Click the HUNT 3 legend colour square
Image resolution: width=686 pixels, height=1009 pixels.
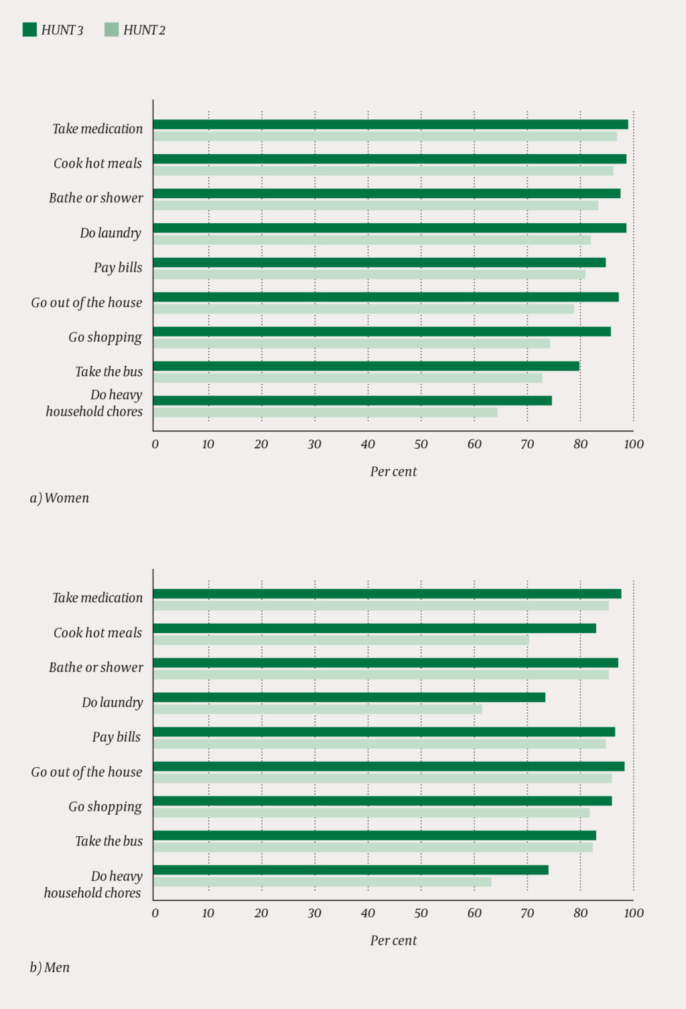coord(29,29)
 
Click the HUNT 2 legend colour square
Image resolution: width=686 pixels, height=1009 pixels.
coord(111,29)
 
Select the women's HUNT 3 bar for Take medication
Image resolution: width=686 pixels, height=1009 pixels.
coord(391,124)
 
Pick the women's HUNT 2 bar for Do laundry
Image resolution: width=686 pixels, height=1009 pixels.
coord(372,240)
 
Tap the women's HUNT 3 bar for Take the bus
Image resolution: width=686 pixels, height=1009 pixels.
coord(366,366)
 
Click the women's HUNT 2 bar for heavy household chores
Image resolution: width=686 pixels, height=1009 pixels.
coord(326,413)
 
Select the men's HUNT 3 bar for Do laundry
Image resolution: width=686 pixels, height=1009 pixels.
coord(349,697)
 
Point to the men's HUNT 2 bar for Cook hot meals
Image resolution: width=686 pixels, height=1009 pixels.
coord(341,641)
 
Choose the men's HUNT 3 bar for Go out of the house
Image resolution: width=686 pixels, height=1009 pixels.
coord(389,766)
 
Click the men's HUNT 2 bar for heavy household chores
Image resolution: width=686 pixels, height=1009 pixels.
coord(322,882)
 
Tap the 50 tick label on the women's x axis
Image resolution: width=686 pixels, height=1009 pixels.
coord(421,444)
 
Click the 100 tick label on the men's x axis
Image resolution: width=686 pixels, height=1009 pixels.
coord(633,913)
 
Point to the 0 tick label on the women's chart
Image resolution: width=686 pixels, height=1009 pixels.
coord(155,444)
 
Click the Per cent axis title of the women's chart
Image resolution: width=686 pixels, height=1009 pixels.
coord(393,472)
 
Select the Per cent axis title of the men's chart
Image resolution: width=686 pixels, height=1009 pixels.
coord(393,941)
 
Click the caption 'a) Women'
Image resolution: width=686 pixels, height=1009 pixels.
coord(59,498)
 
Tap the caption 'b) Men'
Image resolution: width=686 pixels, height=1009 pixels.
coord(50,967)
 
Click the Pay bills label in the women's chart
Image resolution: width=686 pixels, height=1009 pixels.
coord(118,267)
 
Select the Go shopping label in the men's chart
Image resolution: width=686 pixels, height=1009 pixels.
coord(105,807)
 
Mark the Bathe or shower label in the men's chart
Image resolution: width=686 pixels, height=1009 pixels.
coord(96,667)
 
